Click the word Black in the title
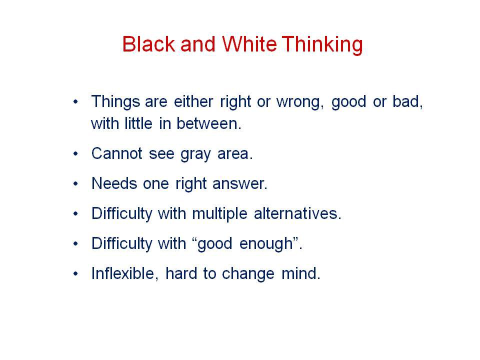(149, 44)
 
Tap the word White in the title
(249, 44)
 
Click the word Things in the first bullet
(115, 102)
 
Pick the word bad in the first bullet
(408, 102)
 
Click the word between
(209, 123)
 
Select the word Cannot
(117, 153)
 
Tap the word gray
(195, 155)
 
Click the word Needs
(114, 183)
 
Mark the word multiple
(219, 213)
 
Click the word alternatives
(297, 213)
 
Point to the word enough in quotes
(266, 245)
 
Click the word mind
(300, 273)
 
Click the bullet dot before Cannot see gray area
(75, 153)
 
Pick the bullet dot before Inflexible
(75, 273)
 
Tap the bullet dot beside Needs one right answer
(75, 183)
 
